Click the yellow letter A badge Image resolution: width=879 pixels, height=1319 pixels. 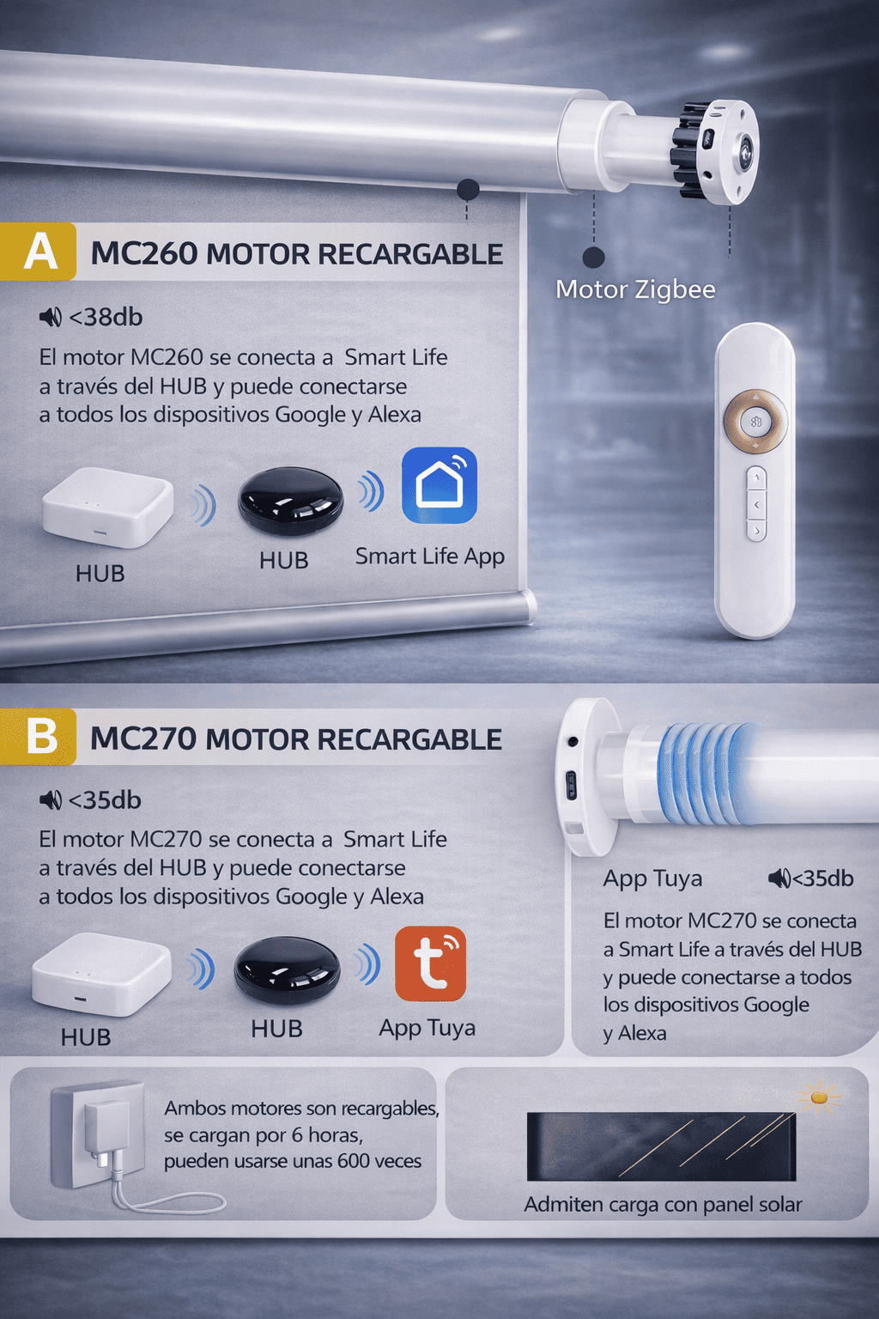[38, 252]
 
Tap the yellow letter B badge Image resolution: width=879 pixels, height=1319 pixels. [38, 736]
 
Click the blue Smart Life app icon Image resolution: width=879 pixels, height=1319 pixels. [439, 485]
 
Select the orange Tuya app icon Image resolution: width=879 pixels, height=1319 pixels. [430, 964]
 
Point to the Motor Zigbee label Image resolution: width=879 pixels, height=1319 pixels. [635, 289]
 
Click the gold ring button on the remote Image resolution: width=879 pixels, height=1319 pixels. [755, 421]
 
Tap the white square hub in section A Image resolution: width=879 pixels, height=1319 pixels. [108, 507]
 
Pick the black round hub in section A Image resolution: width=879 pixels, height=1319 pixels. [290, 501]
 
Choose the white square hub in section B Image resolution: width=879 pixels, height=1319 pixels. [101, 974]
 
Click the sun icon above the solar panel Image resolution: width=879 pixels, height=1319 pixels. [818, 1097]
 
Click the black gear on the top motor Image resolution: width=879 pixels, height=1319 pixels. [688, 150]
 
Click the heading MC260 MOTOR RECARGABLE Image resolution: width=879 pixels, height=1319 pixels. [297, 254]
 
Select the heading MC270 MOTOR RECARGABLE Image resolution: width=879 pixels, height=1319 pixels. [296, 739]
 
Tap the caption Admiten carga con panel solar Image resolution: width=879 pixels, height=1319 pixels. [663, 1205]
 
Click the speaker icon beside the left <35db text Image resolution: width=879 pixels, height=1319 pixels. [51, 800]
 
